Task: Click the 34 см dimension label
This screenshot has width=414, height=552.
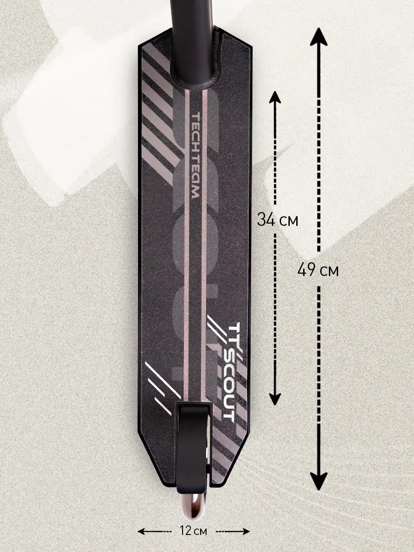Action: [x=277, y=220]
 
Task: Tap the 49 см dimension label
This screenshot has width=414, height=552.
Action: [x=318, y=270]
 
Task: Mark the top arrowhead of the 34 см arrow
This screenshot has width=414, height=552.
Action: [x=275, y=98]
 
